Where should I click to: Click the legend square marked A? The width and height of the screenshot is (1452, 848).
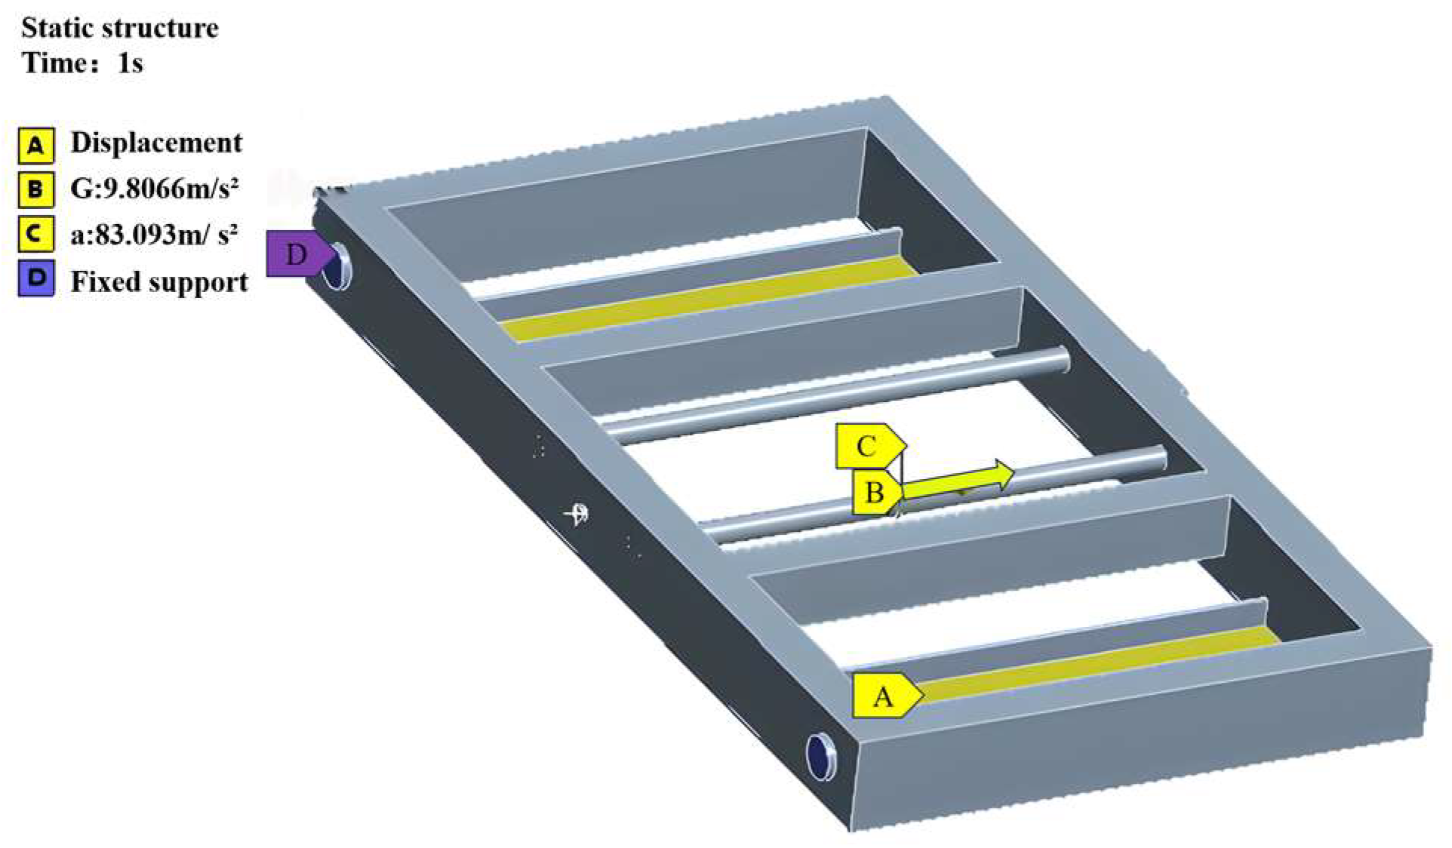35,145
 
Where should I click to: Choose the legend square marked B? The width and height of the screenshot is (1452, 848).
35,189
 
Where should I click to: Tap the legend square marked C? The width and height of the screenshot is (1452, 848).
35,234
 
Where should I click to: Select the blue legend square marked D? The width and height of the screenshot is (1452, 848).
35,278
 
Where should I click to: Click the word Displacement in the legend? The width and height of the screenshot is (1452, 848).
156,143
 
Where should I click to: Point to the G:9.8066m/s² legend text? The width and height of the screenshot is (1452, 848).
155,188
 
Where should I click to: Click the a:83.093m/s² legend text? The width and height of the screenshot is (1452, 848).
154,234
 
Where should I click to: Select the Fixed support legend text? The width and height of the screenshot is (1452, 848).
159,281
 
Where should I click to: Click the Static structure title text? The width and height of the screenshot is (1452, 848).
120,28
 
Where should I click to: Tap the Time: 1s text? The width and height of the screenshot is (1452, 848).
82,63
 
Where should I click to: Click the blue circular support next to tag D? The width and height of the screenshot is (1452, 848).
337,266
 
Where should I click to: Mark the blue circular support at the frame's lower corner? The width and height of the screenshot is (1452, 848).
821,757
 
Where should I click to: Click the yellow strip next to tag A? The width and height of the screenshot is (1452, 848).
1098,664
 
